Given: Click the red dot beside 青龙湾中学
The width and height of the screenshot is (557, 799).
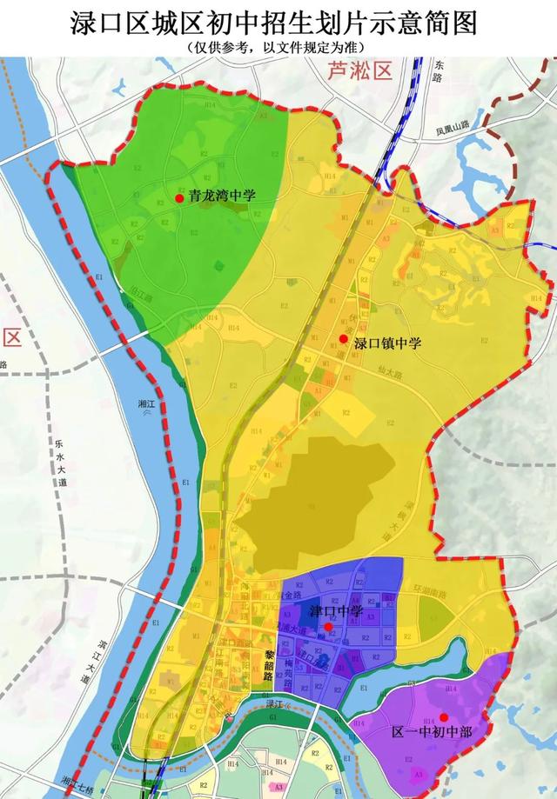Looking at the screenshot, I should [x=179, y=198].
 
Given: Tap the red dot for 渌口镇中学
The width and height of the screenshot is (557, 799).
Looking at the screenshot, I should [x=344, y=339].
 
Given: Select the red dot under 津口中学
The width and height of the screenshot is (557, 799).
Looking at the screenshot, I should [x=328, y=626].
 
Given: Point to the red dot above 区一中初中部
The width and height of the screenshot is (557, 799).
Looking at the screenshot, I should [x=444, y=717].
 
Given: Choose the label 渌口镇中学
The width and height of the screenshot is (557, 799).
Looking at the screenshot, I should [x=387, y=343].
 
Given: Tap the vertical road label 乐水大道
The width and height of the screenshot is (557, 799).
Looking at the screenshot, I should [x=62, y=461].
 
